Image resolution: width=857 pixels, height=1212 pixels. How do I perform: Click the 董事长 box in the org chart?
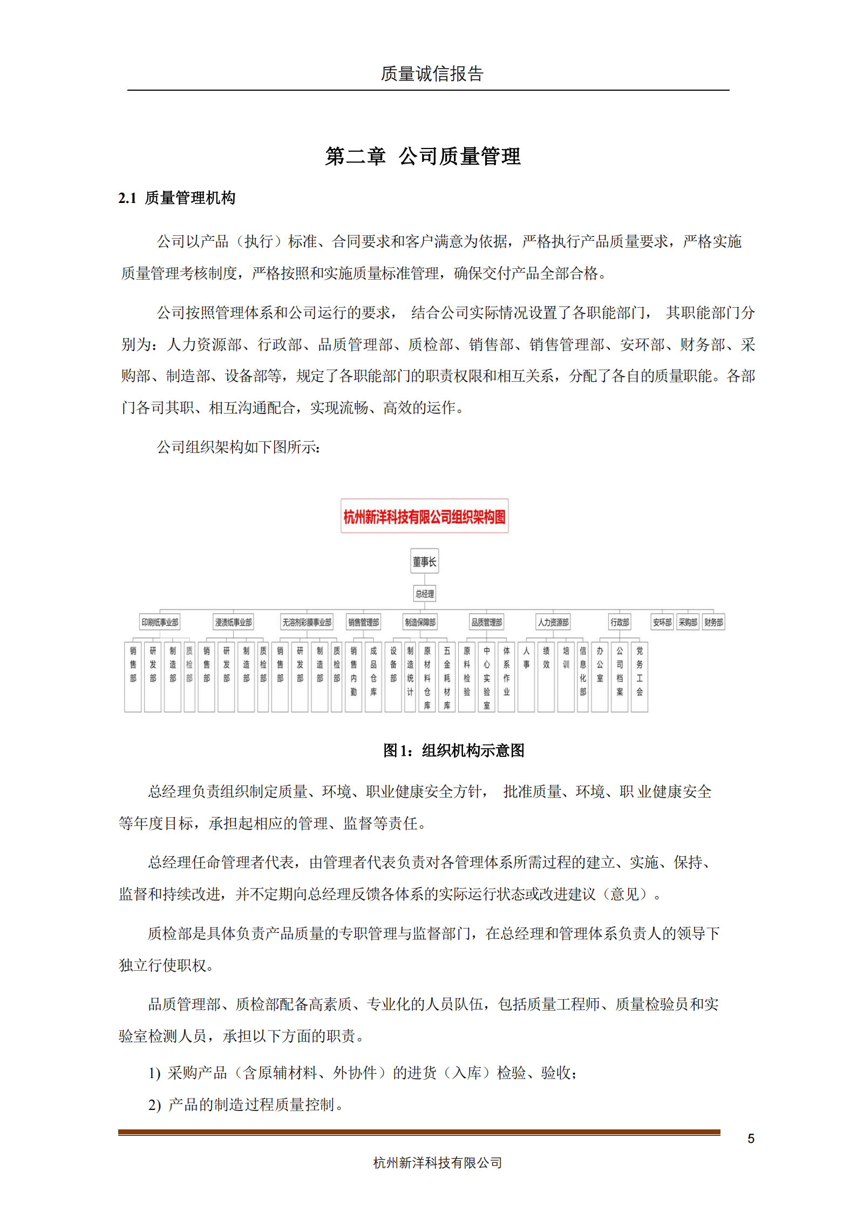click(x=424, y=561)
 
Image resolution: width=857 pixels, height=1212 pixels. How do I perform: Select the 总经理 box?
click(x=424, y=594)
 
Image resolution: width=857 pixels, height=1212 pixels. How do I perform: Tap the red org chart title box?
click(x=424, y=517)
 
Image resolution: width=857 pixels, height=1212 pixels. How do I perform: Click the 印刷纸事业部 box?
click(x=160, y=622)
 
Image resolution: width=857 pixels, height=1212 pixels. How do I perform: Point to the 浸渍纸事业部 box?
click(x=233, y=622)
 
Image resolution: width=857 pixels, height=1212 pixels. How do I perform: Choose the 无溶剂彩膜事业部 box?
click(x=307, y=622)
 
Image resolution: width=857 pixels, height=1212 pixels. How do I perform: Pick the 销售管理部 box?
click(x=363, y=622)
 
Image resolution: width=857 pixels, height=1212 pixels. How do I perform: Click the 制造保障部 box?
click(x=420, y=622)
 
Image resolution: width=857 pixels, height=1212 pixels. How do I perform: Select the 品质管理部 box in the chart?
click(x=486, y=622)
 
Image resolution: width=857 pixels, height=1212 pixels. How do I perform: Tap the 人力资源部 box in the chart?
click(x=553, y=622)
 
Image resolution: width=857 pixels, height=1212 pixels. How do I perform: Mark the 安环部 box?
click(x=662, y=622)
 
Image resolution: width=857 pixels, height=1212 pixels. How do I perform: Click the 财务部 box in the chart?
click(x=713, y=622)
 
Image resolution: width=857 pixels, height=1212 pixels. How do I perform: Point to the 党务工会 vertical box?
click(x=640, y=676)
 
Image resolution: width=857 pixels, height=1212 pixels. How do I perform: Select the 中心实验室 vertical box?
click(x=486, y=676)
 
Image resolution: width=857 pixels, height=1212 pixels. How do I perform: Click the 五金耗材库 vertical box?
click(x=447, y=676)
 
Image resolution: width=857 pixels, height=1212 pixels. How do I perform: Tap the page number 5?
click(x=751, y=1139)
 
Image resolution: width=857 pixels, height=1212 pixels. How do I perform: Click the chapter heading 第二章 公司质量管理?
click(x=423, y=157)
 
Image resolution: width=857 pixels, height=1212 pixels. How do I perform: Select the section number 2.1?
click(x=127, y=199)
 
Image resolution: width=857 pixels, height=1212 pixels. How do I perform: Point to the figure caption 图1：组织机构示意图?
click(x=453, y=750)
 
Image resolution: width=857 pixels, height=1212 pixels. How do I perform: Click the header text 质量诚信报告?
click(x=432, y=74)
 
